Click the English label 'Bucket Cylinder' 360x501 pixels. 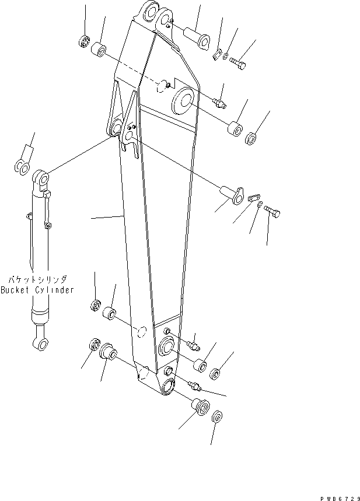[37, 290]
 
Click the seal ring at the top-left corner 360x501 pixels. [82, 41]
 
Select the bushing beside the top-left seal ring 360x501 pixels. [100, 51]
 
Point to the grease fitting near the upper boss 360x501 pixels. [221, 102]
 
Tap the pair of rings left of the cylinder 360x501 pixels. [22, 167]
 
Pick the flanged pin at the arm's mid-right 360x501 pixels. [231, 194]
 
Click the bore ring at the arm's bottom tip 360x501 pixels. [168, 385]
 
